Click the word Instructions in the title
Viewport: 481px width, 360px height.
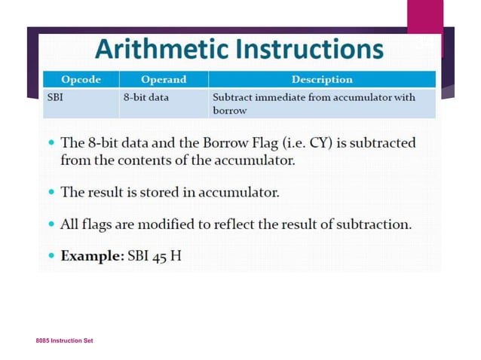pos(309,49)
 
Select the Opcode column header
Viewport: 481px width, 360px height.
pos(81,79)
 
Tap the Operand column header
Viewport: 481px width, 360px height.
pos(163,79)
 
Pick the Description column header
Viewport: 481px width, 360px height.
pos(321,79)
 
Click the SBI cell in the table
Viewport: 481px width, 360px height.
pos(56,98)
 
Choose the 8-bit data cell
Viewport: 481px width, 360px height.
pos(146,98)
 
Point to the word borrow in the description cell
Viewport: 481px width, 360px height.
pos(230,111)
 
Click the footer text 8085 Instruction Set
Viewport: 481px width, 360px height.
pos(64,341)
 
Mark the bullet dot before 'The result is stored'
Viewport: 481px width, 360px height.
pos(50,193)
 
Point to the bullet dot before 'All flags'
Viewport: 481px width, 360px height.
pos(50,225)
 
